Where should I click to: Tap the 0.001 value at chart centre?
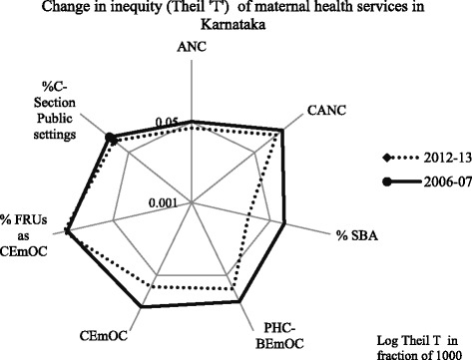[x=178, y=204]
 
